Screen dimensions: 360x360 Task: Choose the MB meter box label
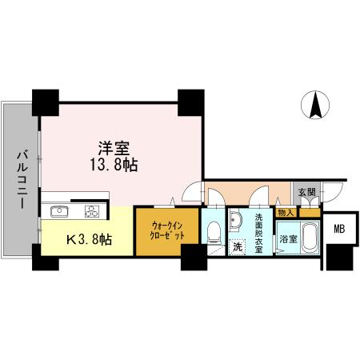point(340,227)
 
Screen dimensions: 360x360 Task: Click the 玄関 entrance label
point(306,192)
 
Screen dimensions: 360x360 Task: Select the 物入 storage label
point(286,212)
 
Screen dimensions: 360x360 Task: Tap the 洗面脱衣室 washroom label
point(258,232)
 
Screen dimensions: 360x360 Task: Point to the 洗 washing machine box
point(237,248)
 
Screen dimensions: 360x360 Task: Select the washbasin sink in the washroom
point(236,220)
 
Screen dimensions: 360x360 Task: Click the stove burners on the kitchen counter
point(91,212)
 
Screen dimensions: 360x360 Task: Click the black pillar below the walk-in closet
point(192,258)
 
